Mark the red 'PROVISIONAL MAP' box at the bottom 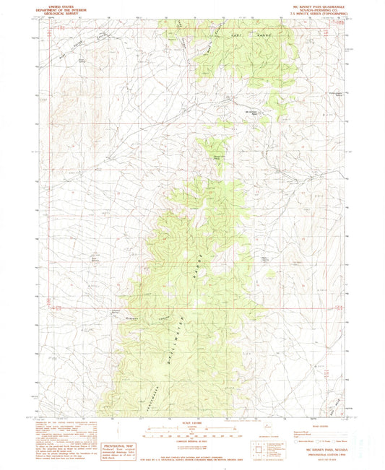point(118,448)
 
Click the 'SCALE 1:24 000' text point(192,422)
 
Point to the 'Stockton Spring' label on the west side point(95,254)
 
